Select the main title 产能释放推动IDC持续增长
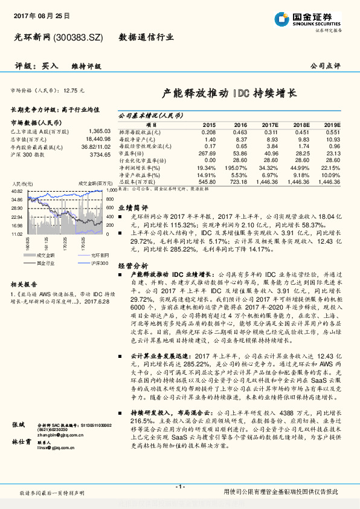click(x=230, y=94)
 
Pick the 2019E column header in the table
click(x=332, y=124)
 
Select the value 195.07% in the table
click(x=236, y=166)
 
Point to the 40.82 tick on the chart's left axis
click(x=16, y=191)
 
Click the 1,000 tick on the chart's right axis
click(x=109, y=191)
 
